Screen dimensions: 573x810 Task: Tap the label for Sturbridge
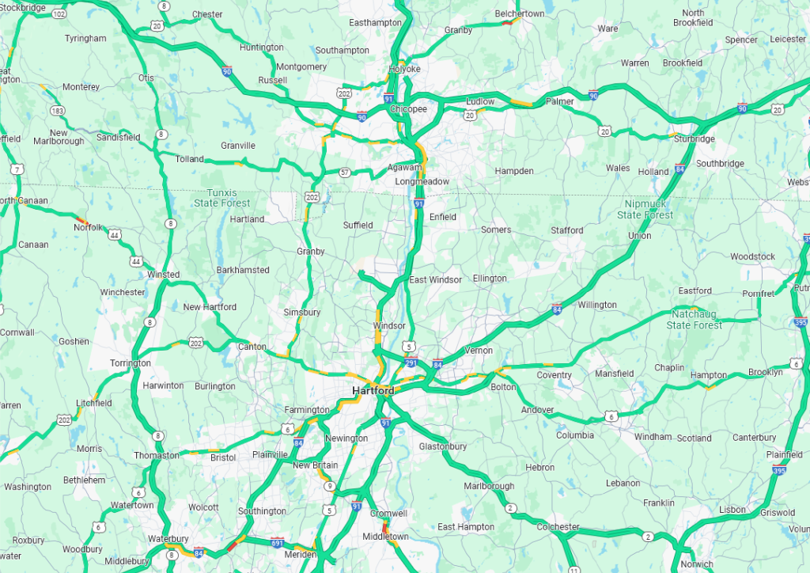click(x=694, y=139)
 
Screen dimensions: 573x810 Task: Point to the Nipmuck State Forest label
click(x=645, y=210)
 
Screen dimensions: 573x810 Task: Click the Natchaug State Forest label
click(x=694, y=319)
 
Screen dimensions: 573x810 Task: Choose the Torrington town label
click(x=130, y=363)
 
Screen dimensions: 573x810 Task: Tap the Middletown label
click(x=385, y=537)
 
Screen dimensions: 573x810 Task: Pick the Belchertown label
click(x=520, y=13)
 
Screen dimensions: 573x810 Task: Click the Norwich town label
click(x=696, y=564)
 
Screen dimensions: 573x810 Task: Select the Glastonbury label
click(x=443, y=446)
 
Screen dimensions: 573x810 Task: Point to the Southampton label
click(x=342, y=51)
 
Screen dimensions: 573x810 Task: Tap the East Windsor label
click(x=435, y=280)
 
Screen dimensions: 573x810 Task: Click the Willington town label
click(x=597, y=305)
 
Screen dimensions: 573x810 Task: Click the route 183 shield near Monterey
click(x=57, y=111)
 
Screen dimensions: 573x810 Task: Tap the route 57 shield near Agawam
click(x=344, y=172)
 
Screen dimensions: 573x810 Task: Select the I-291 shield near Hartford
click(x=411, y=363)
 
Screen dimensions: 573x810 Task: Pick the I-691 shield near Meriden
click(x=277, y=544)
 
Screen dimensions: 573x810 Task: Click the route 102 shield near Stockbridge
click(x=58, y=13)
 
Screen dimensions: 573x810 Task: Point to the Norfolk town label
click(x=88, y=227)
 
